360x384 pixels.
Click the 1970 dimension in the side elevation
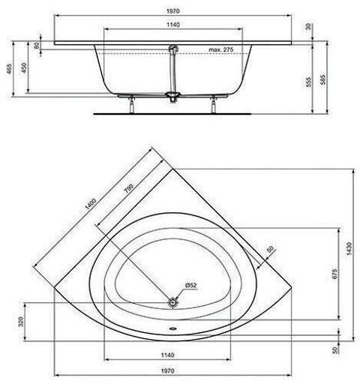pos(173,11)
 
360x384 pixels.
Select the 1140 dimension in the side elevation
pos(173,25)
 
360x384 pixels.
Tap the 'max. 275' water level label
pos(221,49)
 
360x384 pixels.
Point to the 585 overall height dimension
pos(323,79)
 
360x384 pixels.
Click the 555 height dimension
pos(309,82)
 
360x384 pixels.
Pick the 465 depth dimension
pos(9,69)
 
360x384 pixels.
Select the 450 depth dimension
pos(24,67)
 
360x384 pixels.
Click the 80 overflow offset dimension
pos(37,46)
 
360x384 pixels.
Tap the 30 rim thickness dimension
pos(308,26)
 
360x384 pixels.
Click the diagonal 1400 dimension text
pos(91,204)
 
